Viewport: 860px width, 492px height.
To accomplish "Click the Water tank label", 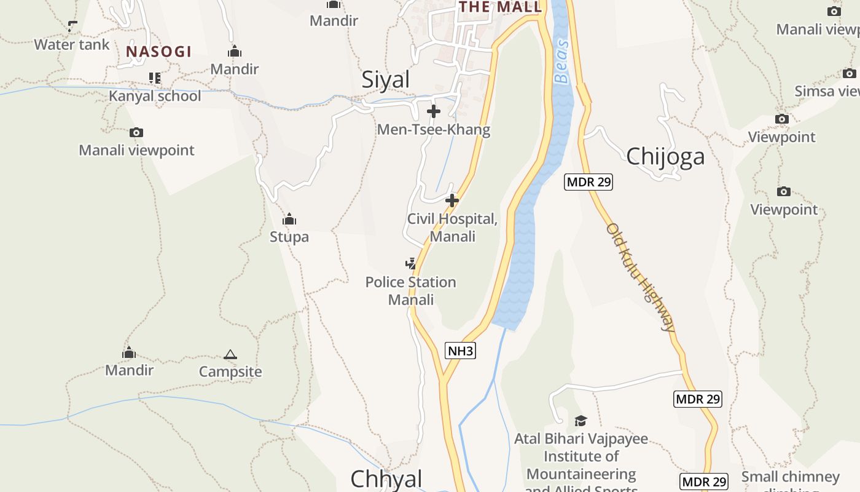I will tap(72, 44).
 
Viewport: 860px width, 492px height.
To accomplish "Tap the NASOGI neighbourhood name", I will tap(158, 52).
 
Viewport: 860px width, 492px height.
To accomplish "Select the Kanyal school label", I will tap(155, 96).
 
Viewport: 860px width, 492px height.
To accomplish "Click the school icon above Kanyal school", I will tap(154, 78).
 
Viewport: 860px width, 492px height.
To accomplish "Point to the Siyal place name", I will tap(385, 80).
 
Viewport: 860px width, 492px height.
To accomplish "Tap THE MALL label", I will tap(500, 7).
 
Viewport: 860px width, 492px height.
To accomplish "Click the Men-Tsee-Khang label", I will tap(433, 130).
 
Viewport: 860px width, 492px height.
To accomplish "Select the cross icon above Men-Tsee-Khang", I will tap(434, 111).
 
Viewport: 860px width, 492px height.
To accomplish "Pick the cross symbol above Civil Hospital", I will tap(452, 200).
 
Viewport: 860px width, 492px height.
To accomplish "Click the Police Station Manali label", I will tap(410, 291).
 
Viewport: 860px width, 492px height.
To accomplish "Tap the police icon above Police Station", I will tap(410, 264).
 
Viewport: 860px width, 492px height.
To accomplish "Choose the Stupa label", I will tap(289, 237).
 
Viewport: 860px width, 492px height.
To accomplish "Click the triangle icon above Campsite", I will tap(230, 354).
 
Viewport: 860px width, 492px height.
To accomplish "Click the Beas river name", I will tap(561, 61).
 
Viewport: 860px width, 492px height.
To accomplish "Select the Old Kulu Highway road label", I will tap(641, 277).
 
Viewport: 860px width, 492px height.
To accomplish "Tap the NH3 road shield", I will tap(461, 351).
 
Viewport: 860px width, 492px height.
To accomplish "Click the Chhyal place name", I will tap(386, 479).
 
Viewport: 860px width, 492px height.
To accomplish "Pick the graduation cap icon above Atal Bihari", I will tap(580, 421).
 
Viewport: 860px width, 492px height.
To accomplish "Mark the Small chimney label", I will tap(790, 477).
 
